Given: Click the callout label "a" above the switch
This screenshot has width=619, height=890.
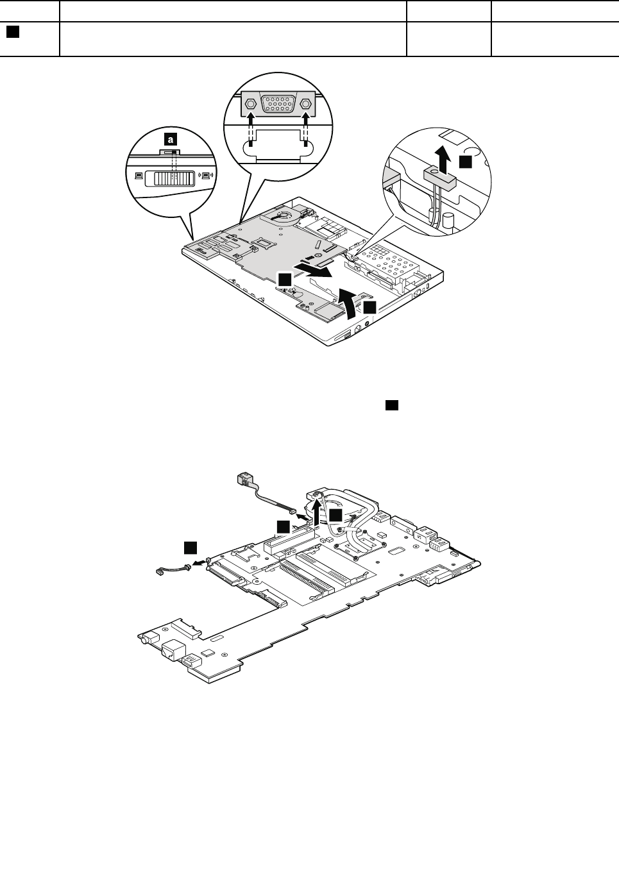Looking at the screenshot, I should click(169, 137).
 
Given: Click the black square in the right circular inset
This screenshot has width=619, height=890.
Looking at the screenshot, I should click(465, 161).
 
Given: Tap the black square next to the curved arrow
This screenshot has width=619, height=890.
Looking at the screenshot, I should click(369, 307).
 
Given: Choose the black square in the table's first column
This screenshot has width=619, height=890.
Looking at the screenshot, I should click(12, 31).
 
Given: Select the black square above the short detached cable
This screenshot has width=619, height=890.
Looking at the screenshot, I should click(191, 547).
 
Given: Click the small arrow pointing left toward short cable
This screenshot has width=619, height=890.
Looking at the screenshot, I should click(203, 561).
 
